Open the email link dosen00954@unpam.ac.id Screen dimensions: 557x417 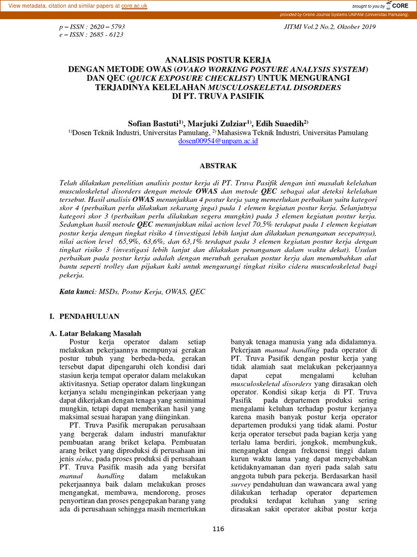[x=211, y=141]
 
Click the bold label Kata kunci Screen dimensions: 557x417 [x=77, y=292]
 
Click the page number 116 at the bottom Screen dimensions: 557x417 [x=218, y=529]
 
